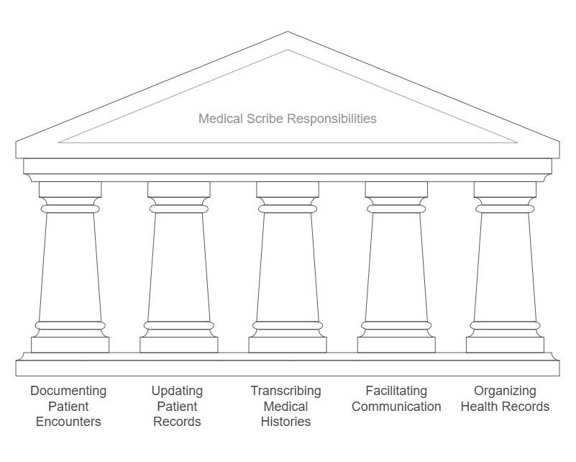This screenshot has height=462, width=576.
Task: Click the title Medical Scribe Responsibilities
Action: pos(287,119)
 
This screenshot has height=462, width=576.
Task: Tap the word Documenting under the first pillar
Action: pos(68,391)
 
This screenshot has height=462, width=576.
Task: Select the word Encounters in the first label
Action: pos(68,422)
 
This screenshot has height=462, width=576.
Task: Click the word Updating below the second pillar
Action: pos(177,391)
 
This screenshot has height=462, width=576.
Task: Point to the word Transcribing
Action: pos(285,391)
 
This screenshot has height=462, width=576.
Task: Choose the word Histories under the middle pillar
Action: pos(285,422)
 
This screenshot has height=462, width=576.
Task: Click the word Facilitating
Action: pos(396,391)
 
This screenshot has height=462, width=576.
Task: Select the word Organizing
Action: pos(505,391)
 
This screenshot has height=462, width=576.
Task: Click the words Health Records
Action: pos(505,407)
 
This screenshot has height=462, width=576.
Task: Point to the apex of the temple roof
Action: pos(288,32)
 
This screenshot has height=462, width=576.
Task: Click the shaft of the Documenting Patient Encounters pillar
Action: pos(70,266)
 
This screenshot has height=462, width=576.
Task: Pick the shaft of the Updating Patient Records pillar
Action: pos(178,266)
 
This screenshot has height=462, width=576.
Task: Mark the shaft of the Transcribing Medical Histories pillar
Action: pos(287,266)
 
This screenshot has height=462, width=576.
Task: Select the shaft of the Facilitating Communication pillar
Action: pos(396,266)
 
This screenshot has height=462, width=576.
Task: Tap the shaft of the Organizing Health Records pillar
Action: pos(504,266)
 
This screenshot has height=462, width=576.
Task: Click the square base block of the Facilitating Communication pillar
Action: pos(396,345)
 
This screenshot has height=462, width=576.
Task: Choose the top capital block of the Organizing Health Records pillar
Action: pos(504,189)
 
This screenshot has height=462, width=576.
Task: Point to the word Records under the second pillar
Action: pos(177,422)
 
